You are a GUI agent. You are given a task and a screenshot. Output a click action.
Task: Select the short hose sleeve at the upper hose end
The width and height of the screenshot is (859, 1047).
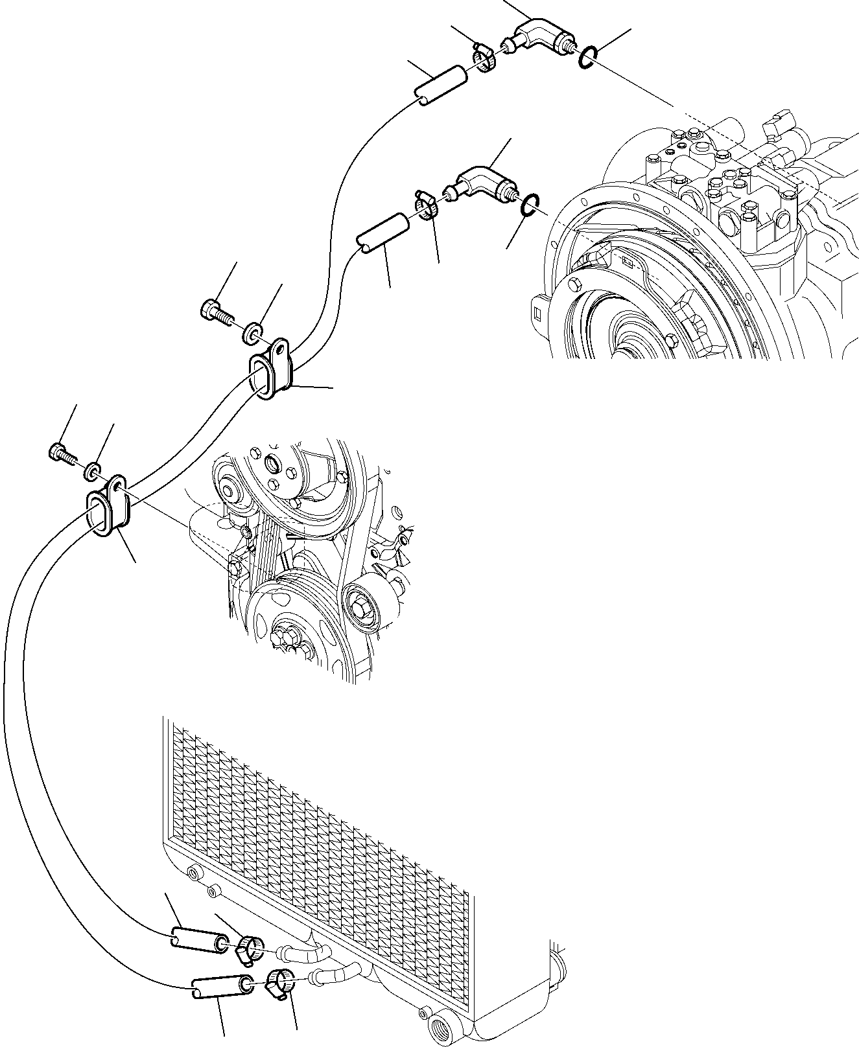point(441,87)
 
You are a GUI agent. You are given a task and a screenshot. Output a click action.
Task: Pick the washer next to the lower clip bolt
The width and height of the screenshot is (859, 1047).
point(92,470)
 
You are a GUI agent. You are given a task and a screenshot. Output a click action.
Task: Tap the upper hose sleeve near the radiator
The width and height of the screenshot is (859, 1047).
point(198,938)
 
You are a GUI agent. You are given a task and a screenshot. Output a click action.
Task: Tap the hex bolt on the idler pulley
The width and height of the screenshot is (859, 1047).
point(361,608)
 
